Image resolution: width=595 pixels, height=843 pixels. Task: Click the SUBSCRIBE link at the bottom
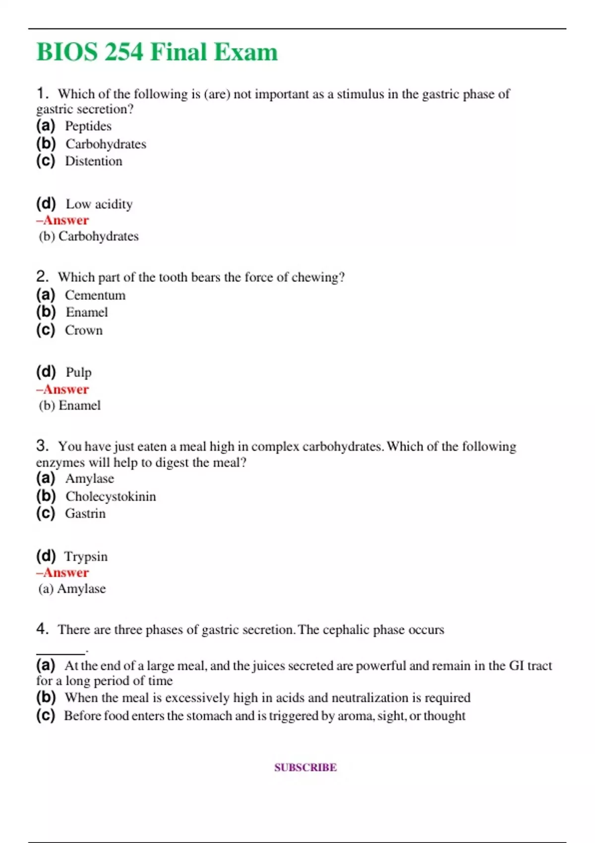pos(305,767)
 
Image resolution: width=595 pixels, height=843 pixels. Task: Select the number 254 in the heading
pos(123,52)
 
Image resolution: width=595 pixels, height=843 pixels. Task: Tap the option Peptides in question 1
pos(88,126)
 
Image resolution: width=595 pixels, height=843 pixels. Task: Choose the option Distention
pos(93,161)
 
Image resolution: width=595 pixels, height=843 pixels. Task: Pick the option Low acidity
pos(99,204)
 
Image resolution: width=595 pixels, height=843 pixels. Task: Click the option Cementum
pos(95,295)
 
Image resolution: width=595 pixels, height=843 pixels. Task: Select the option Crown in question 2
pos(84,330)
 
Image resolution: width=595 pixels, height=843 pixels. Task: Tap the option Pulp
pos(78,372)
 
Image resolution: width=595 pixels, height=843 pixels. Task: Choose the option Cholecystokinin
pos(111,496)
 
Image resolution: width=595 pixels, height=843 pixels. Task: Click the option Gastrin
pos(85,513)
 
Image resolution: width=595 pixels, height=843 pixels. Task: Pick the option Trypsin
pos(86,556)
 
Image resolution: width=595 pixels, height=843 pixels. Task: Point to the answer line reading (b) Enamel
pos(70,406)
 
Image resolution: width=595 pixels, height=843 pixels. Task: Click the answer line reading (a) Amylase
pos(72,589)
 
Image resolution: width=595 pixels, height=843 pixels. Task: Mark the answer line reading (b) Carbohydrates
pos(89,236)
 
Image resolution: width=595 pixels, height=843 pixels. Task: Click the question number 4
pos(42,629)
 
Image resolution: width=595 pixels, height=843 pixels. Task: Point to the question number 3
pos(42,445)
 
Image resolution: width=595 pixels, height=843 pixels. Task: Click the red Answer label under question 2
pos(63,389)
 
